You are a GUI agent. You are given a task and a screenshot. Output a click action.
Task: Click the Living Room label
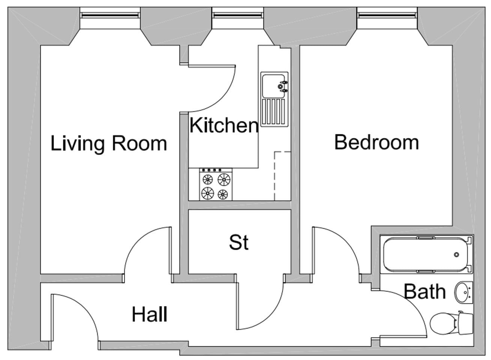[109, 144]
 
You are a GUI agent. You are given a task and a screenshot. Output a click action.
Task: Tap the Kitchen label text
[224, 125]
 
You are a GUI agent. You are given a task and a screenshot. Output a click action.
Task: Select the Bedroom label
[376, 142]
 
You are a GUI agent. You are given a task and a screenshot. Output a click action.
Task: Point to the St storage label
[239, 243]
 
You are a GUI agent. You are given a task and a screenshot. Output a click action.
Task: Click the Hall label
[150, 314]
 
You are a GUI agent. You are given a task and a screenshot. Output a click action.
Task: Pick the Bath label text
[425, 292]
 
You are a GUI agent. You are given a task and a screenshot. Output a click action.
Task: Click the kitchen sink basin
[274, 86]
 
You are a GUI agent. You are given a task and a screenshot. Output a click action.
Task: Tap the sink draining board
[274, 112]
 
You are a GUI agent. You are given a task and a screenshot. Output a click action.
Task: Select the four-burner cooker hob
[216, 184]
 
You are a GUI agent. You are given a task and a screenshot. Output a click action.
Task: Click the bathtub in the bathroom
[425, 254]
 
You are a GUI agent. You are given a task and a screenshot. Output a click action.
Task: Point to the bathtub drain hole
[456, 254]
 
